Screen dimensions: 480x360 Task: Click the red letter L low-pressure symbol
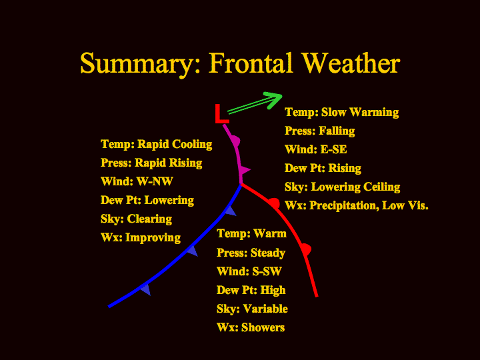[x=221, y=114]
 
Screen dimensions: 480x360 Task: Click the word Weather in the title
[x=351, y=63]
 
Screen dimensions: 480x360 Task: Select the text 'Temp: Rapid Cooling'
[x=157, y=144]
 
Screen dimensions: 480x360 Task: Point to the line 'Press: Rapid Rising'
[x=151, y=163]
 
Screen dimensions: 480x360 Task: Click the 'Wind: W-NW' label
[x=137, y=181]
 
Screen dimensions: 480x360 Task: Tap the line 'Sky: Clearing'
[x=136, y=219]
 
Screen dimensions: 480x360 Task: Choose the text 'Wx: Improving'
[x=141, y=238]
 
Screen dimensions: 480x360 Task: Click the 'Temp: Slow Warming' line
[x=341, y=113]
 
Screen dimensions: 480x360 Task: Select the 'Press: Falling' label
[x=319, y=131]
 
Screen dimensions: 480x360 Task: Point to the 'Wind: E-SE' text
[x=315, y=149]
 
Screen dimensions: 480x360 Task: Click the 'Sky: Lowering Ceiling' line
[x=342, y=187]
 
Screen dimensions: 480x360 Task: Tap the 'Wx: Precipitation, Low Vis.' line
[x=356, y=205]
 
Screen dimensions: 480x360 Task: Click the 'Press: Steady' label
[x=251, y=253]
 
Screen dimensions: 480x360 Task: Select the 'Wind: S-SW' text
[x=249, y=271]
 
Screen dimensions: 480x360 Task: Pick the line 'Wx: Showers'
[x=251, y=327]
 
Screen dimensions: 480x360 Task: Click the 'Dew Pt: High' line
[x=251, y=290]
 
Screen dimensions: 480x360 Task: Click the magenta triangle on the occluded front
[x=244, y=170]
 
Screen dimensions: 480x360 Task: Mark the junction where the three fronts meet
[x=241, y=184]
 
